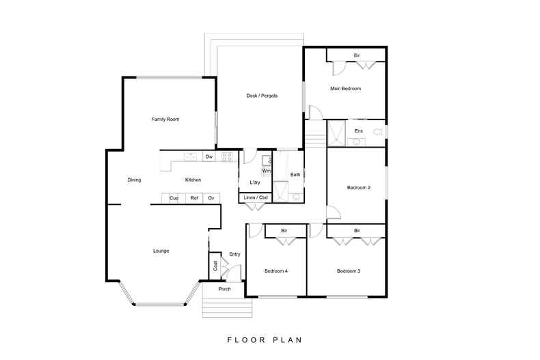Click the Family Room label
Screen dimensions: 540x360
[x=165, y=119]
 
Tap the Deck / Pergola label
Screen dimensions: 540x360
[x=262, y=96]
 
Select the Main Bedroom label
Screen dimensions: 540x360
[x=345, y=88]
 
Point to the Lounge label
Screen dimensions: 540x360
[x=161, y=251]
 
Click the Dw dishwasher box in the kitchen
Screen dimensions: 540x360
[x=209, y=156]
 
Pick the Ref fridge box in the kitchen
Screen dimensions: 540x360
[x=194, y=198]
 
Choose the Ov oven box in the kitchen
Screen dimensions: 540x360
[x=211, y=198]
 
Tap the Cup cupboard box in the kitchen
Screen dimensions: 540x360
[x=174, y=198]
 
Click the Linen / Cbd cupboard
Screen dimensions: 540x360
[x=256, y=197]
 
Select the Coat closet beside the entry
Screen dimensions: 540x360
[x=215, y=266]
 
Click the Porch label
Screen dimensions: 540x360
[x=224, y=289]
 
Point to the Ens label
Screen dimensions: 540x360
[x=358, y=130]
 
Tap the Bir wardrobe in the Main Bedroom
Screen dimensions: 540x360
[x=356, y=55]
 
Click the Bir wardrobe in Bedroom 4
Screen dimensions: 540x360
[x=285, y=231]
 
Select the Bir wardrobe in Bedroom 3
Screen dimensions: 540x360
[x=356, y=231]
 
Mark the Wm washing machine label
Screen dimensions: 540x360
[x=266, y=171]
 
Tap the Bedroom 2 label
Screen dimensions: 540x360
[x=358, y=188]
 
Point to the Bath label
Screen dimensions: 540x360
[x=295, y=174]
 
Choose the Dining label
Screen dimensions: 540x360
[x=134, y=180]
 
